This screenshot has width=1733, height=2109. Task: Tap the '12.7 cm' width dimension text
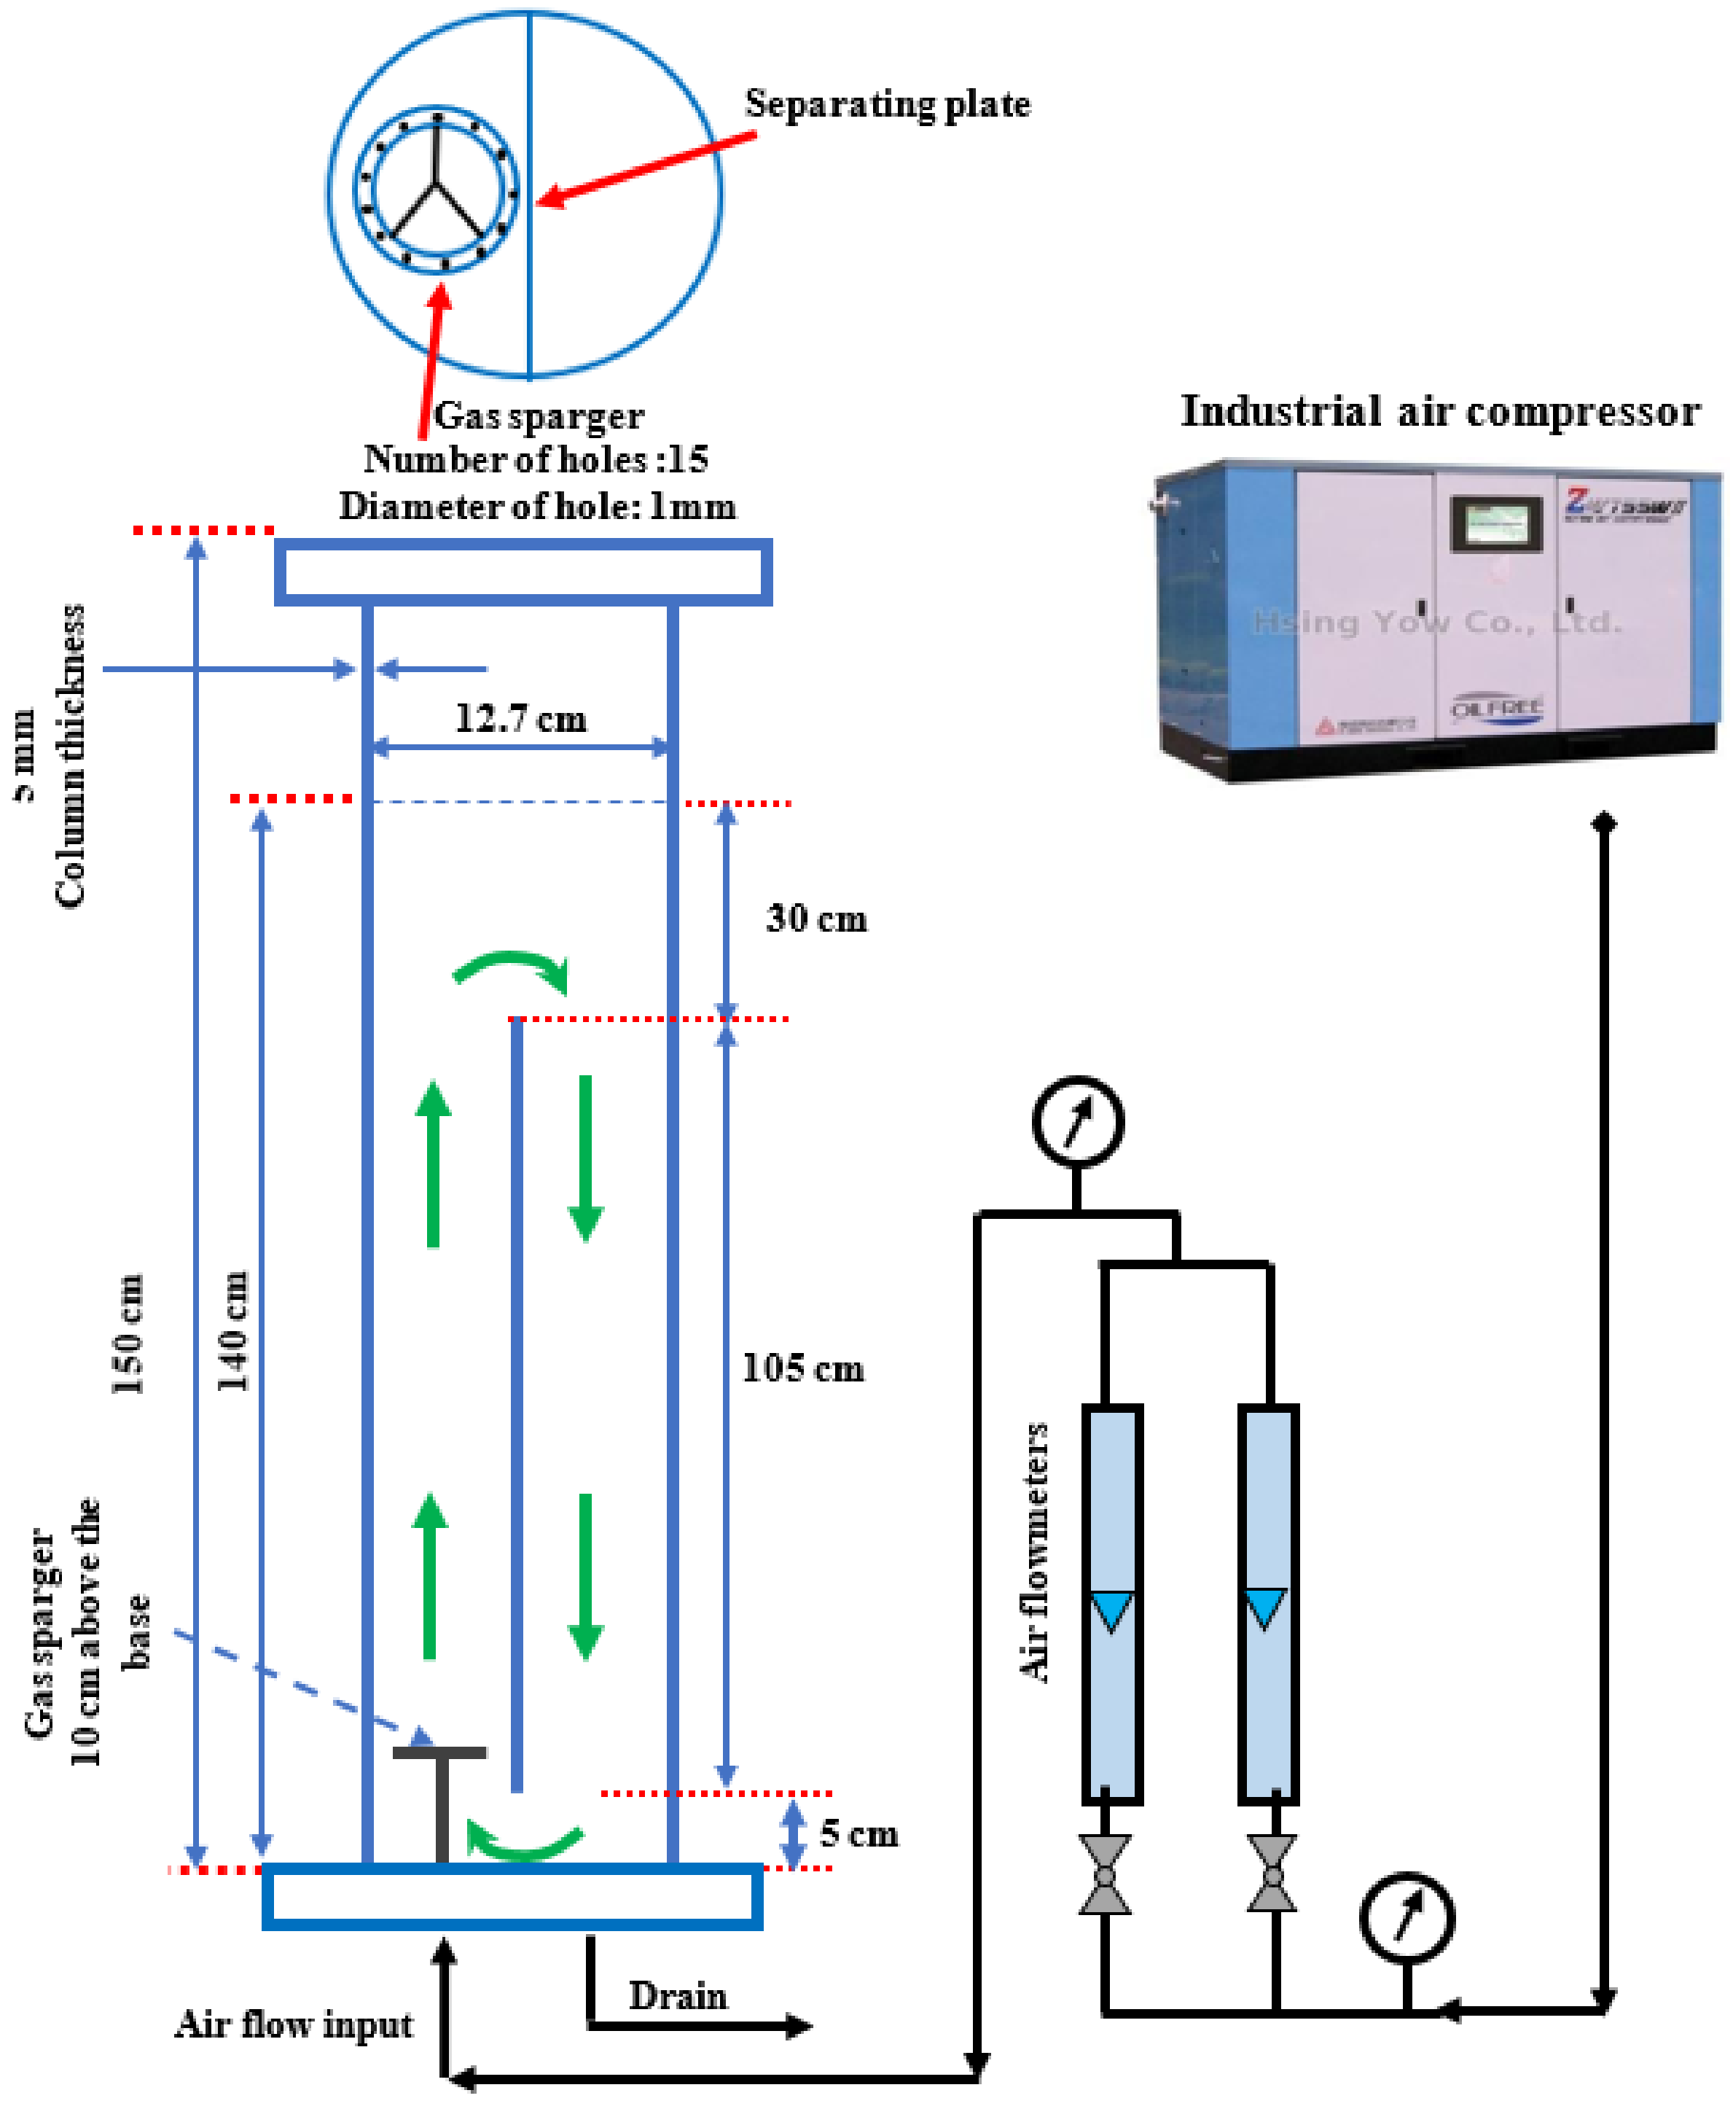[x=520, y=719]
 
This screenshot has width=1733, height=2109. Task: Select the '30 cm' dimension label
[x=815, y=919]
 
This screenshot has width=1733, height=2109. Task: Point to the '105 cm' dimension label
[x=802, y=1368]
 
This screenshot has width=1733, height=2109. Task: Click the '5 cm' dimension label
[x=858, y=1833]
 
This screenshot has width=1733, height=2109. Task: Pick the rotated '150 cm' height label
[x=128, y=1333]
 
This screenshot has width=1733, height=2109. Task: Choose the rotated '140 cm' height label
[x=232, y=1330]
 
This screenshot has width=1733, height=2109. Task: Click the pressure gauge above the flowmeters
[x=1077, y=1120]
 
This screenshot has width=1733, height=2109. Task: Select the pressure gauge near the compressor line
[x=1406, y=1917]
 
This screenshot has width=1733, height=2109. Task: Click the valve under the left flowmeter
[x=1104, y=1874]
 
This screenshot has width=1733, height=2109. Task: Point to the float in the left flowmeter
[x=1111, y=1610]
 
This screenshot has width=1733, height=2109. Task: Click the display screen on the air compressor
[x=1495, y=522]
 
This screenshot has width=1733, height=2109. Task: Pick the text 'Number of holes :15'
[x=536, y=459]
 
